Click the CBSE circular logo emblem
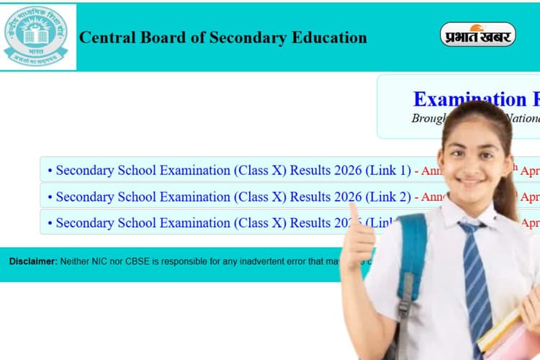click(x=35, y=36)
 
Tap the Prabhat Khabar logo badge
click(x=477, y=35)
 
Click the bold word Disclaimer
click(x=32, y=261)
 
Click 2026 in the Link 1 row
click(x=348, y=171)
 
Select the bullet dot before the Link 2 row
click(x=50, y=197)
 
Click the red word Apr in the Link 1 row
click(x=529, y=171)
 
